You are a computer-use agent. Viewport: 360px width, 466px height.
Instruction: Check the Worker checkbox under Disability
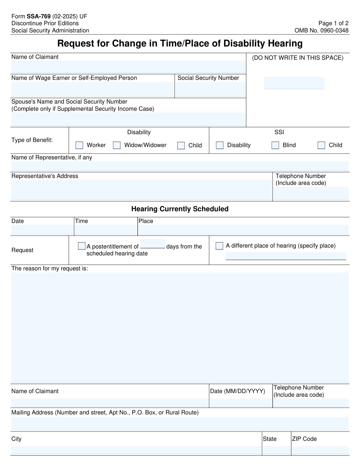[x=79, y=146]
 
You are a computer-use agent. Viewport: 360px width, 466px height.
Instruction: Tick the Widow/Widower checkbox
[x=117, y=146]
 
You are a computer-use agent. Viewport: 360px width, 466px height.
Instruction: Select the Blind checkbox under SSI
[x=275, y=146]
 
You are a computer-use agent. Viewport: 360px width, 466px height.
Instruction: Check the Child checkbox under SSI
[x=321, y=146]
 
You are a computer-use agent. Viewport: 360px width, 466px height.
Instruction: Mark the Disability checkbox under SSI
[x=220, y=146]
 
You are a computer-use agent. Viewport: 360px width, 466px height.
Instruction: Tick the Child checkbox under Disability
[x=181, y=146]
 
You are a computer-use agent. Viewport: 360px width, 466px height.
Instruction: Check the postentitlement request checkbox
[x=82, y=246]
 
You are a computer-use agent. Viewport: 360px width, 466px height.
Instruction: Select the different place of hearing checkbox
[x=219, y=246]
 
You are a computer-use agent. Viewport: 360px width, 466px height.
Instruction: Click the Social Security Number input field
[x=210, y=89]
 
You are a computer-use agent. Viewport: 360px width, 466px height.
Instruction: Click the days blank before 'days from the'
[x=152, y=244]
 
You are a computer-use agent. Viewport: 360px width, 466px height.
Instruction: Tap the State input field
[x=276, y=450]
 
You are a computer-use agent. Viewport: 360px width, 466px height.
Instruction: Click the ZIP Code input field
[x=320, y=450]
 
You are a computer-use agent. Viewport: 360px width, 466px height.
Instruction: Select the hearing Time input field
[x=106, y=230]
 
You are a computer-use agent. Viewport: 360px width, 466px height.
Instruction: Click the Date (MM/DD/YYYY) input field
[x=241, y=402]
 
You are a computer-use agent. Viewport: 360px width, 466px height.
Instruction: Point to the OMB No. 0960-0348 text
[x=321, y=30]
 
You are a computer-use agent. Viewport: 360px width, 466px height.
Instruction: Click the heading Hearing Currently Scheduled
[x=180, y=209]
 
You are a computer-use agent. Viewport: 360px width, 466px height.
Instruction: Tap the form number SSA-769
[x=39, y=17]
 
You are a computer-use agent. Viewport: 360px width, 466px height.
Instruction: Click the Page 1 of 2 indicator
[x=333, y=23]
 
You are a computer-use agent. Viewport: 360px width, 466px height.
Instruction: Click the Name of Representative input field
[x=180, y=166]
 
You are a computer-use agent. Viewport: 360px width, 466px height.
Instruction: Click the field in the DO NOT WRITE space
[x=294, y=83]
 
